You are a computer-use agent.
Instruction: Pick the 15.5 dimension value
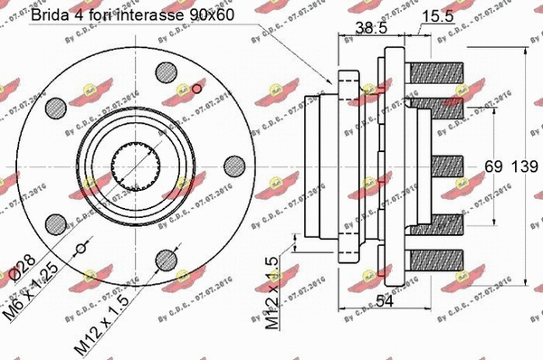pyautogui.click(x=436, y=17)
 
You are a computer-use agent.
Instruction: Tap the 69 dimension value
pyautogui.click(x=493, y=166)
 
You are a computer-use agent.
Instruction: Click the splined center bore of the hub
pyautogui.click(x=133, y=167)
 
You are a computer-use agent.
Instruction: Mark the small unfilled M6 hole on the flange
pyautogui.click(x=81, y=249)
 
